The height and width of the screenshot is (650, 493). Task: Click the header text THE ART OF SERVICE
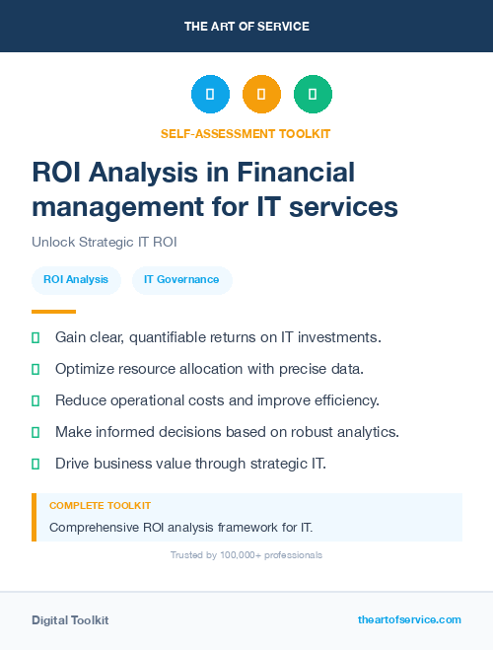coord(246,26)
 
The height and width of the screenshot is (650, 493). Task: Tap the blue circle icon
coord(210,94)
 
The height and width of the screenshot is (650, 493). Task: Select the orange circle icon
coord(261,94)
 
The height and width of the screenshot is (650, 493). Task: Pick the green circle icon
coord(313,94)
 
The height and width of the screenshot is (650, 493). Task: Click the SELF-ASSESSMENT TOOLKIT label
coord(246,133)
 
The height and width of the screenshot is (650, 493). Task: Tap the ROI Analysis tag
coord(76,280)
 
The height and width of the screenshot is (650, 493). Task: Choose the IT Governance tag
coord(181,280)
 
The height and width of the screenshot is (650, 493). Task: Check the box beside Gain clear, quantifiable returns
coord(35,337)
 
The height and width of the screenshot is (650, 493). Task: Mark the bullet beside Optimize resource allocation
coord(35,369)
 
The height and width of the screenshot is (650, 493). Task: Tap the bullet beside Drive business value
coord(35,464)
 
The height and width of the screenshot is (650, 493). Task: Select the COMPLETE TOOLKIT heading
coord(100,506)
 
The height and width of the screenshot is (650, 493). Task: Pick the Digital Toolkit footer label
coord(70,620)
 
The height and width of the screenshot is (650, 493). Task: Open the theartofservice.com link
coord(409,619)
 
